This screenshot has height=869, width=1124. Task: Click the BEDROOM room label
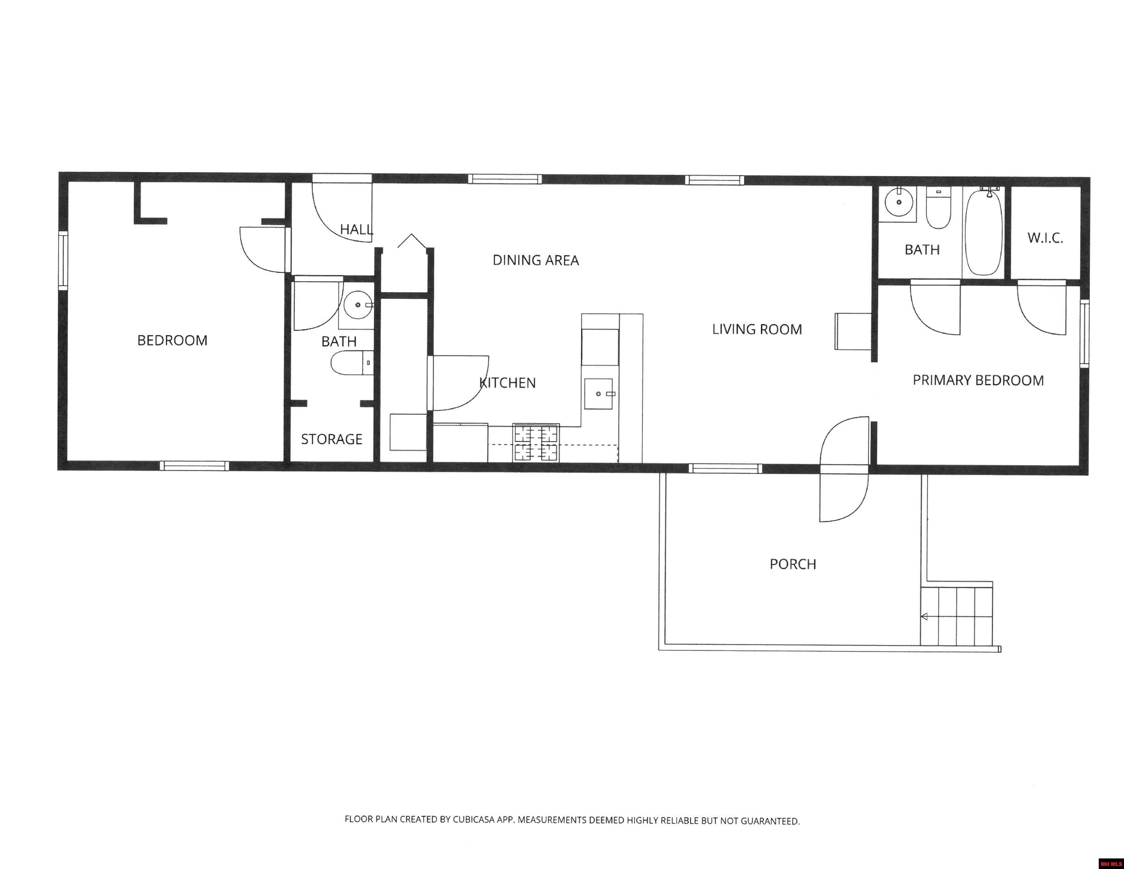click(x=172, y=340)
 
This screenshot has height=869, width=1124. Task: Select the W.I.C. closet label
click(x=1045, y=238)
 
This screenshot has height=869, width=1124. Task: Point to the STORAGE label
click(x=332, y=439)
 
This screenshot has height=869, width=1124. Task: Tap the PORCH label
click(x=793, y=564)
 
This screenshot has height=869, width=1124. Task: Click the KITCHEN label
click(x=508, y=382)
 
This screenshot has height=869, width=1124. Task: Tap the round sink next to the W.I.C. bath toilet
click(x=899, y=202)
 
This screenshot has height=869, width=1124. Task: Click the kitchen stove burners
click(x=536, y=442)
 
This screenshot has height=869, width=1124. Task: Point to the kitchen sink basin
click(x=598, y=394)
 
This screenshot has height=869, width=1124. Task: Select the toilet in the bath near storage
click(x=352, y=363)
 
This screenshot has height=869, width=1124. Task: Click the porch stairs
click(x=956, y=615)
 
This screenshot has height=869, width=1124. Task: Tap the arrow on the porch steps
click(x=924, y=617)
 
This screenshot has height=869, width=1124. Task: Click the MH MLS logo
click(x=1111, y=863)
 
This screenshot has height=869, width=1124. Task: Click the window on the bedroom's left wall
click(x=63, y=260)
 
